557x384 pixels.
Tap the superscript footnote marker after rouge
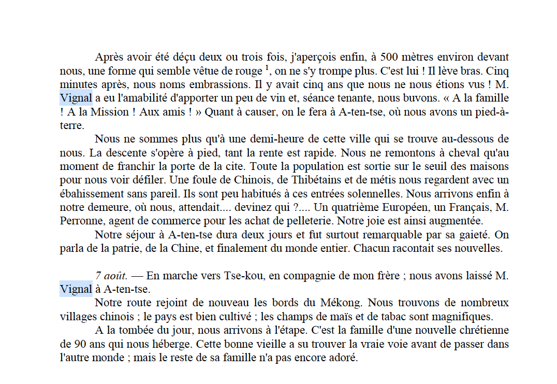point(267,67)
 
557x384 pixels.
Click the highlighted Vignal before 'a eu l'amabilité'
point(76,98)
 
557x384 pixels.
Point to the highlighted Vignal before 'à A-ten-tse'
point(76,289)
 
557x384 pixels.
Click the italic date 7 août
point(111,276)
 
